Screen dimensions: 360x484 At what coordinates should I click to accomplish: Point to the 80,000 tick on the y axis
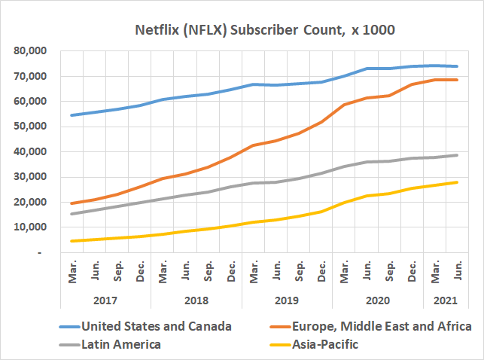coord(30,51)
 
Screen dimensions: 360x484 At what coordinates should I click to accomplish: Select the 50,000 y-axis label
coord(30,127)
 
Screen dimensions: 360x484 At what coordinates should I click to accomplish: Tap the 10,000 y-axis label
coord(30,227)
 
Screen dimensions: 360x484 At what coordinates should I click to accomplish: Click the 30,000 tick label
coord(30,177)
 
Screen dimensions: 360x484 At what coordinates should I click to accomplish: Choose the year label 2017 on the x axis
coord(105,301)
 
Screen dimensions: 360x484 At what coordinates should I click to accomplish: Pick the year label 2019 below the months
coord(287,301)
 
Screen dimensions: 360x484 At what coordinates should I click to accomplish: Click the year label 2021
coord(446,301)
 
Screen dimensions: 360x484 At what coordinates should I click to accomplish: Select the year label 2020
coord(378,301)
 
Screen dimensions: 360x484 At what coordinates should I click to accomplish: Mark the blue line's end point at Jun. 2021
coord(457,66)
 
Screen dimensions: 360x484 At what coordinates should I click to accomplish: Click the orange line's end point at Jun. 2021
coord(457,80)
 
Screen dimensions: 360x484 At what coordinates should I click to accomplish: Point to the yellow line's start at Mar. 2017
coord(72,241)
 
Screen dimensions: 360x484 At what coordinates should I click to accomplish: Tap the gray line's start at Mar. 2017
coord(72,214)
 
